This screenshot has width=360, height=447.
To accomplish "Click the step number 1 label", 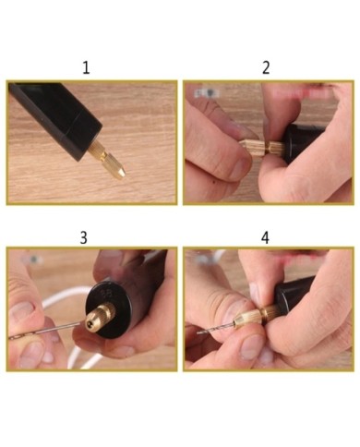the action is pos(86,67).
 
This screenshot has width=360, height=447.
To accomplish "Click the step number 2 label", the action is pos(266,67).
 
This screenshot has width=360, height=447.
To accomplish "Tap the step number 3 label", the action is pos(84,237).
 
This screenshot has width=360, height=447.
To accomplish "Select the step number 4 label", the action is pos(265,237).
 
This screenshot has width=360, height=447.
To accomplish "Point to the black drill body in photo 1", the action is pos(55,118).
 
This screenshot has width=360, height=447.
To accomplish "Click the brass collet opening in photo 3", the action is pos(89,323).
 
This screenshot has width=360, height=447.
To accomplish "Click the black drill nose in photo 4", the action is pos(294,294).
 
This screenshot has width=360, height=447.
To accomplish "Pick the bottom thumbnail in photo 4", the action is pos(252,347).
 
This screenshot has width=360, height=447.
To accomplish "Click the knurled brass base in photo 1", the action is pos(98,150).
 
